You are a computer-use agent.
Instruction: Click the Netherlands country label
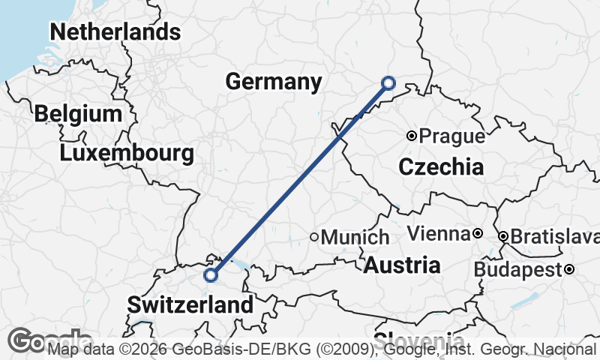[115, 32]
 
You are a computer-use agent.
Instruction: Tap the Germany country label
[274, 81]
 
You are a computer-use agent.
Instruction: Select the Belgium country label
[78, 114]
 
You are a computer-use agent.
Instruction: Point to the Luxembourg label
[127, 154]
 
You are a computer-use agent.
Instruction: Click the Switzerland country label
[190, 304]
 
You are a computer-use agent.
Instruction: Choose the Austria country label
[402, 265]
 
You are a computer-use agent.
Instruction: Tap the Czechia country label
[441, 167]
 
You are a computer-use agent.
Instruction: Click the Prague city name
[451, 136]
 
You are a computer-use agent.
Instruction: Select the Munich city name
[355, 237]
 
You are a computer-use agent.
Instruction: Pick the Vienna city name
[438, 234]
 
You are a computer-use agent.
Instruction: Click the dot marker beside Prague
[411, 136]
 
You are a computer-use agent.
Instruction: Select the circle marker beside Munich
[314, 237]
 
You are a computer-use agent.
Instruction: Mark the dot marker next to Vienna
[477, 234]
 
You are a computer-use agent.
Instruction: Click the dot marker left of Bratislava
[503, 236]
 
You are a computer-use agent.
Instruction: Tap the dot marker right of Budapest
[570, 269]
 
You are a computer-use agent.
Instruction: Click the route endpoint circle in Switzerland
[211, 275]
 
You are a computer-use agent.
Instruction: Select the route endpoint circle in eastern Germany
[388, 82]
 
